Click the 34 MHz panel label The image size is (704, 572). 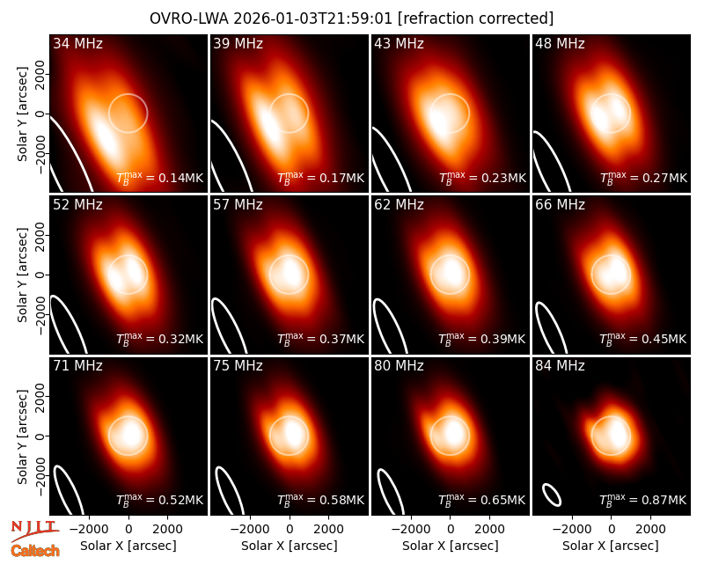pos(77,43)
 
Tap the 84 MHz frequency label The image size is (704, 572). pos(560,366)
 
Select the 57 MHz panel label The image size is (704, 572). pos(238,205)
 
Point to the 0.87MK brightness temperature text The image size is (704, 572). pos(664,500)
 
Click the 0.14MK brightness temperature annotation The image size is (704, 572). pos(181,178)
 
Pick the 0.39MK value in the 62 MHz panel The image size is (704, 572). pos(502,339)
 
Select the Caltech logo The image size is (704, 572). pos(35,551)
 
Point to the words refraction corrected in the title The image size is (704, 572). pos(476,18)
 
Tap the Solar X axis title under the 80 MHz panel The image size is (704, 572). pos(451,546)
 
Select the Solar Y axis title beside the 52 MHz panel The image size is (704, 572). pos(22,275)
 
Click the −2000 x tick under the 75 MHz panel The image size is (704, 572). pos(249,529)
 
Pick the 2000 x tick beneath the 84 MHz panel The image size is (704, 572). pos(650,529)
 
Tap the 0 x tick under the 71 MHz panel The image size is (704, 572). pos(128,529)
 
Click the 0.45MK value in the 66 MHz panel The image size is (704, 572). pos(664,339)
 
